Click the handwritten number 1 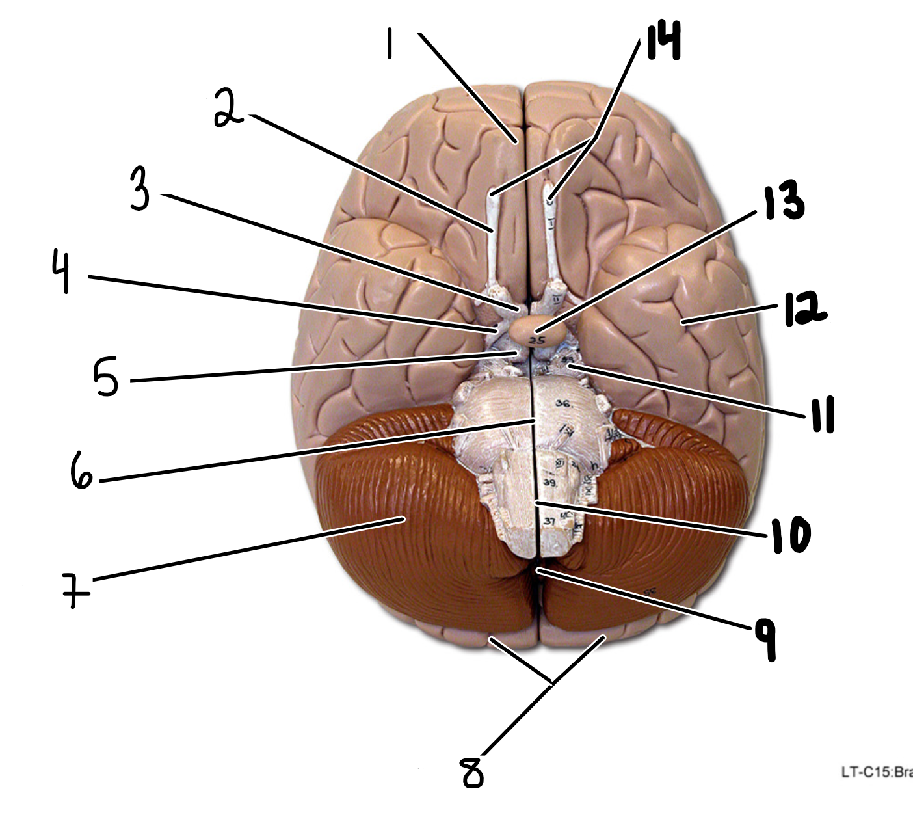coord(390,45)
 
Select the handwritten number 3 coord(140,189)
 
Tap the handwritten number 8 coord(473,772)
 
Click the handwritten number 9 coord(765,639)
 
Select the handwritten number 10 coord(791,535)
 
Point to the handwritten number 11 coord(822,414)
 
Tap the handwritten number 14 coord(663,40)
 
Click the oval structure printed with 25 coord(537,331)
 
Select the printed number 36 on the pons coord(563,404)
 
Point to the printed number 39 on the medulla coord(550,483)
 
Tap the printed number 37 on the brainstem coord(549,521)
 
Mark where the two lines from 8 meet coord(552,682)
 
